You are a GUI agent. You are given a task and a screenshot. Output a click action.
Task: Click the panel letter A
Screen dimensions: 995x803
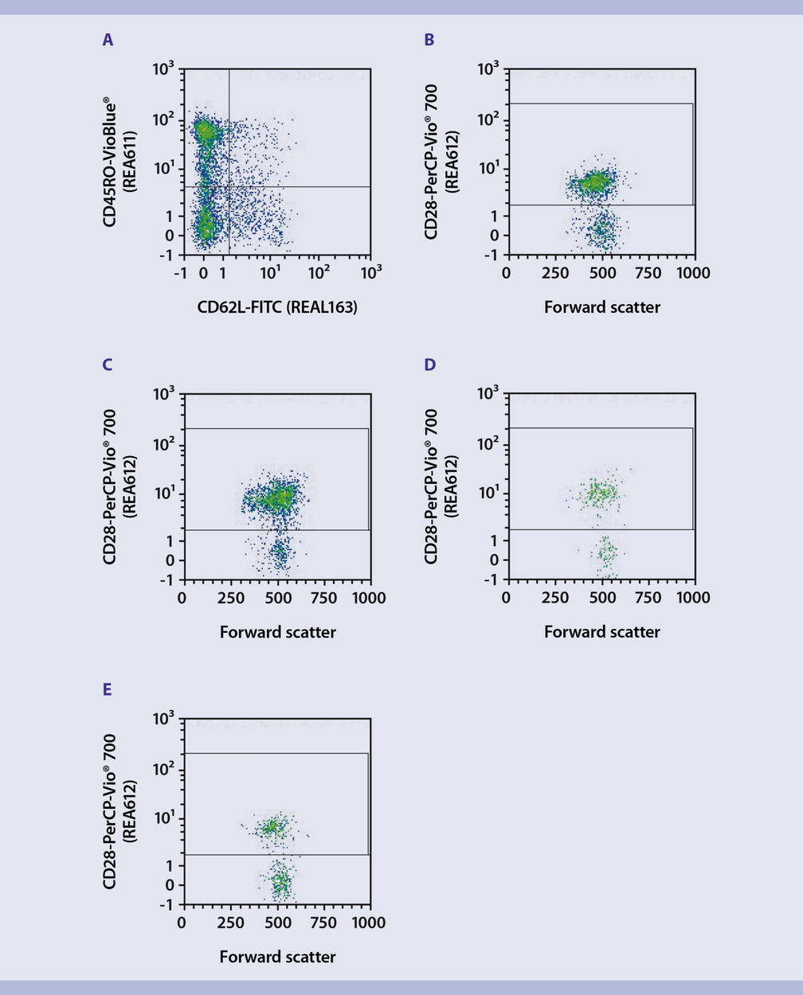tap(108, 40)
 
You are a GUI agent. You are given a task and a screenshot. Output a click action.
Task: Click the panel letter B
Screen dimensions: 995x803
tap(429, 40)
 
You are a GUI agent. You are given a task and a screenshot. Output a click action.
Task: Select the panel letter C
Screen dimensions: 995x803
tap(108, 365)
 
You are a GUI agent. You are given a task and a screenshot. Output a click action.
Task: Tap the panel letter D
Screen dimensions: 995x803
tap(430, 365)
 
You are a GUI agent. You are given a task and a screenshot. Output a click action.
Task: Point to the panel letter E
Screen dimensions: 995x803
tap(108, 689)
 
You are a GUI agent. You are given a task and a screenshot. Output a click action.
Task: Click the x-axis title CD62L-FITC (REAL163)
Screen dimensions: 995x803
tap(277, 306)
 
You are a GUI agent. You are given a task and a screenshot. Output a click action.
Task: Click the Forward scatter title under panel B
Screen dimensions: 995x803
tap(601, 306)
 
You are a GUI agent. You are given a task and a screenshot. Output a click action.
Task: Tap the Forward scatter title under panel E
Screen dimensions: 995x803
tap(277, 957)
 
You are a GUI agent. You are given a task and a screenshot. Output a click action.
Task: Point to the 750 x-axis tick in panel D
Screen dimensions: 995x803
tap(648, 598)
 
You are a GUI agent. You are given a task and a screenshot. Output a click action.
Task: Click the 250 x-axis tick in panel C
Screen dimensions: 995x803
tap(230, 598)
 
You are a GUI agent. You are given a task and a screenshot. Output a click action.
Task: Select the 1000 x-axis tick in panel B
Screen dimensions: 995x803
tap(692, 273)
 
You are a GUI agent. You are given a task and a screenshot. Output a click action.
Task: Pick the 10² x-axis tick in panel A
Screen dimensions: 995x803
tap(319, 273)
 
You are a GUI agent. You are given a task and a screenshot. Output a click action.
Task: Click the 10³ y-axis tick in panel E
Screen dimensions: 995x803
tap(164, 720)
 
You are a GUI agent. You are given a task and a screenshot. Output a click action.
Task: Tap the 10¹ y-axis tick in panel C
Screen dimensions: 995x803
tap(164, 494)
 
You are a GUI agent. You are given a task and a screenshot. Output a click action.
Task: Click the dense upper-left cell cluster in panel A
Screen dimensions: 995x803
tap(205, 130)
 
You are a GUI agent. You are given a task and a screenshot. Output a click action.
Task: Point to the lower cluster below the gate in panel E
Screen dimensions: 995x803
tap(280, 881)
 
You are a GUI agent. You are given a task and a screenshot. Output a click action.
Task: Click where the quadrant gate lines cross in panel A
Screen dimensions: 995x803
tap(229, 187)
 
